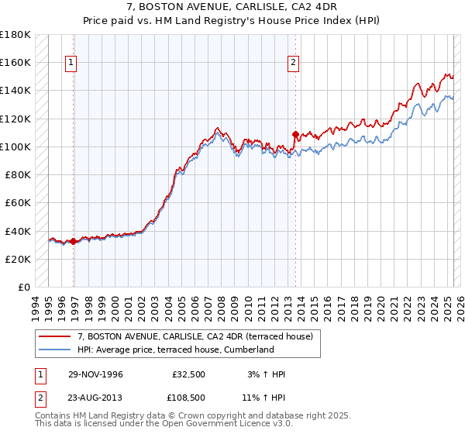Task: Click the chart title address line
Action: click(x=232, y=6)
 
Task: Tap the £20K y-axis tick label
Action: click(x=19, y=259)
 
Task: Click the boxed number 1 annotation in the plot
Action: click(x=71, y=64)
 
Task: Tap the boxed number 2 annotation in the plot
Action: click(x=294, y=64)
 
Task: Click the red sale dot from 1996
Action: click(x=74, y=241)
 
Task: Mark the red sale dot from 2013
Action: click(x=295, y=134)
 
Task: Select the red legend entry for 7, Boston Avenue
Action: click(x=194, y=336)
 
